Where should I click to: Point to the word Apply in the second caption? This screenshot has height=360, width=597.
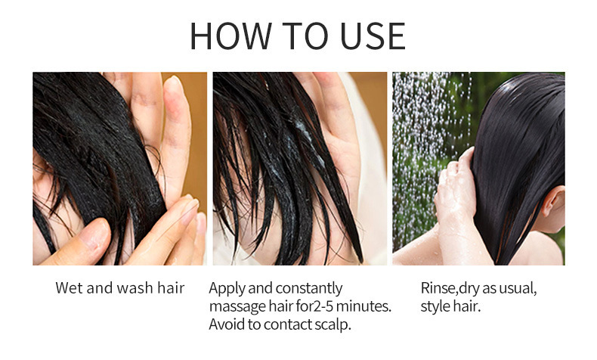pyautogui.click(x=227, y=288)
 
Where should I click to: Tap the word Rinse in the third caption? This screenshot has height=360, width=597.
pyautogui.click(x=438, y=288)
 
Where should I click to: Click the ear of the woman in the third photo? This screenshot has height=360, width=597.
pyautogui.click(x=554, y=203)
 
